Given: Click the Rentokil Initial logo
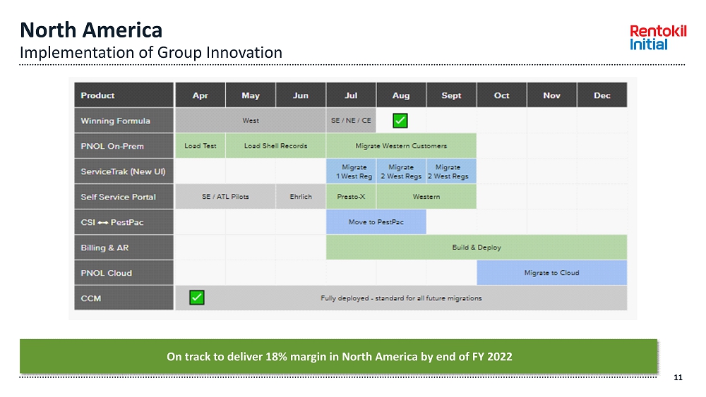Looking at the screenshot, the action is (658, 37).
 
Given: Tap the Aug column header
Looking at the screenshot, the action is (401, 95).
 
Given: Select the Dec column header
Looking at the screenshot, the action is (602, 95).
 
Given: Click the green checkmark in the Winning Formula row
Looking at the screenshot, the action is (400, 121).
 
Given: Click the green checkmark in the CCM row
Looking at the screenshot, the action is (197, 297).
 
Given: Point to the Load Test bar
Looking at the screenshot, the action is (201, 146).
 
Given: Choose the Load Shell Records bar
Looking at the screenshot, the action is (275, 146).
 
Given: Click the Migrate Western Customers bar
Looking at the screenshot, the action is (401, 146).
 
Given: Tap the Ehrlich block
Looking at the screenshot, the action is (301, 197).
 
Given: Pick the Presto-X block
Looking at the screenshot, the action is (351, 197).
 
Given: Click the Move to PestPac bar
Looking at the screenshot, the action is (376, 221).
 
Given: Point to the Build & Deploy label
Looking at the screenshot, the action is (477, 248).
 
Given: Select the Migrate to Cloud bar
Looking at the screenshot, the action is (551, 272).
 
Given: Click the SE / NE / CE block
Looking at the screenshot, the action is (351, 121).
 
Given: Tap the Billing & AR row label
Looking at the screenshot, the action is (104, 248).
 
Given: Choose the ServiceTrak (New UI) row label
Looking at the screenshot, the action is (123, 171).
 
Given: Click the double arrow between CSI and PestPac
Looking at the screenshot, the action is (103, 223).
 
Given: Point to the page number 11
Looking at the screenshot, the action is (678, 378).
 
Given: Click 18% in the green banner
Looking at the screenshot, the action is (276, 357).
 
